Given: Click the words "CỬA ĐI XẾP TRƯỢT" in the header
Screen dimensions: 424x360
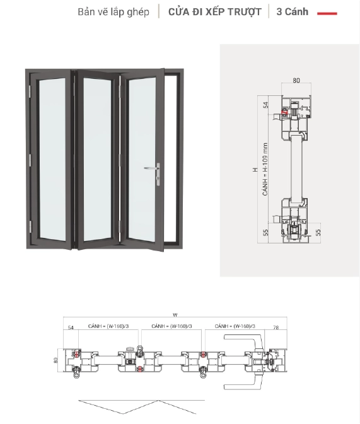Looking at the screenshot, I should [214, 12].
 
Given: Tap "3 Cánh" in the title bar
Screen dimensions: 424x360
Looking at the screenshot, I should [293, 12].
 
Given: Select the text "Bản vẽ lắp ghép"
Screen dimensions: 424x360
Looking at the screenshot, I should [113, 12].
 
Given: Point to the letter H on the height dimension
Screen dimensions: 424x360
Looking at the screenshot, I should [255, 170].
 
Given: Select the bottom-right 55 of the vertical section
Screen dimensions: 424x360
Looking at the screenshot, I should [318, 232].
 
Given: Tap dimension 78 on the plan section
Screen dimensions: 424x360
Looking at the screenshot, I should [276, 327].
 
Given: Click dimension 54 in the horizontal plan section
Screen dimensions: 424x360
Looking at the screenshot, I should [71, 327].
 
